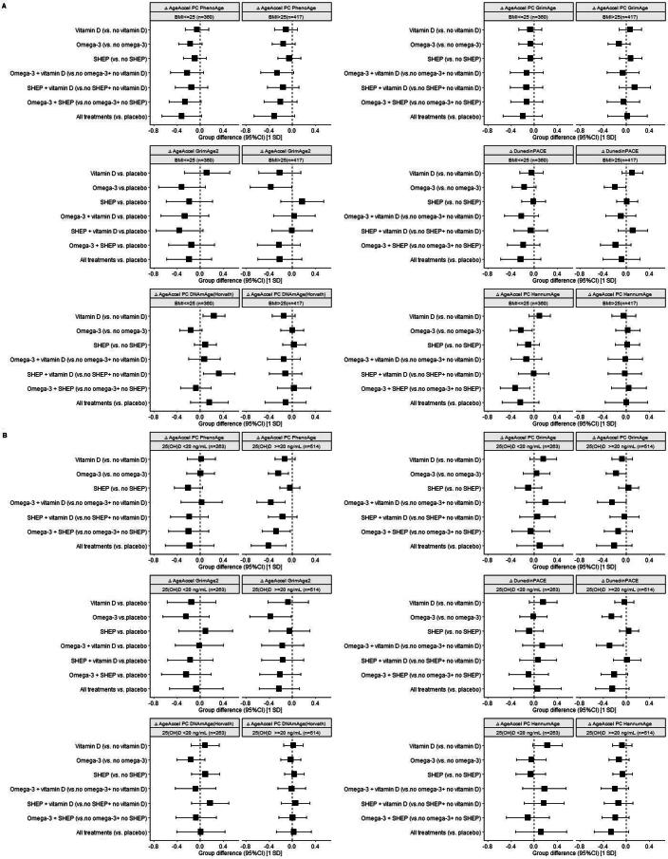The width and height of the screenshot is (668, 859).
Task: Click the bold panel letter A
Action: click(x=6, y=7)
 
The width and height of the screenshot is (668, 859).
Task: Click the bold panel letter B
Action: click(x=6, y=434)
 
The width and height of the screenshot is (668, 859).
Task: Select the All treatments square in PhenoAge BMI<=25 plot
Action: click(x=181, y=116)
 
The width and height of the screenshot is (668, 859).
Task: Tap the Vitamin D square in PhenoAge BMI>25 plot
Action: click(x=286, y=29)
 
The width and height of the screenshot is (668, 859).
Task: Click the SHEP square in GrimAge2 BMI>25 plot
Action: click(x=302, y=201)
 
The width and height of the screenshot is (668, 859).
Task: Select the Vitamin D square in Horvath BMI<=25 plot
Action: click(x=214, y=315)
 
